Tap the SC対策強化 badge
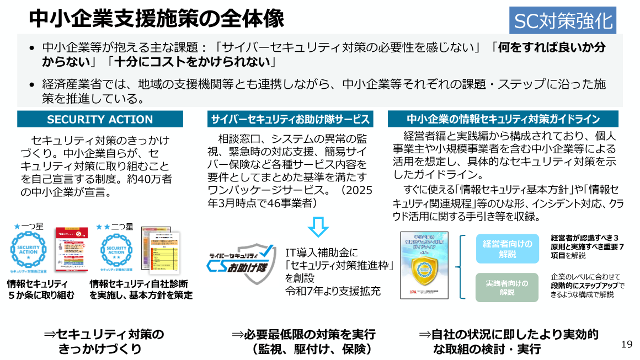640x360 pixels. click(x=562, y=21)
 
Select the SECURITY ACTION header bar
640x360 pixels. click(x=100, y=119)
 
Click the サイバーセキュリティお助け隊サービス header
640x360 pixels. click(x=289, y=119)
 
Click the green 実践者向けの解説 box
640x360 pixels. click(x=506, y=287)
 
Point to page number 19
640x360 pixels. click(x=626, y=345)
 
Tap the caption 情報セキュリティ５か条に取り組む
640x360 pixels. click(x=40, y=289)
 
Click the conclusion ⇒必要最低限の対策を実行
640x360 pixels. click(x=303, y=335)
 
